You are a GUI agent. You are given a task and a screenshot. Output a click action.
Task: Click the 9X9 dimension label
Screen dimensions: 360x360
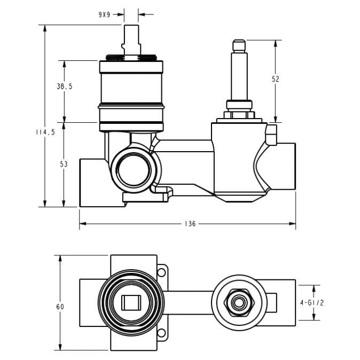click(x=104, y=14)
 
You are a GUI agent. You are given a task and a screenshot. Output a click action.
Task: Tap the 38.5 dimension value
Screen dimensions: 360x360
click(x=64, y=86)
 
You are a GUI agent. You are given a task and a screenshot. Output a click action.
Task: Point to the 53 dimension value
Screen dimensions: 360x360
click(x=64, y=165)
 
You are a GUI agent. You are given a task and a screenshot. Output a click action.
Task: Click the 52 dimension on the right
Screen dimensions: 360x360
click(x=276, y=79)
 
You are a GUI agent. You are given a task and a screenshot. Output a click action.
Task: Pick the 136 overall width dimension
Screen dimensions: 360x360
click(x=190, y=224)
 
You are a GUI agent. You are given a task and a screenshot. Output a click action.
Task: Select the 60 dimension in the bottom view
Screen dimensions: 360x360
click(x=60, y=307)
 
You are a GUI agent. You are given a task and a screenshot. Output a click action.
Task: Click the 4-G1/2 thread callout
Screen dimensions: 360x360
click(x=312, y=302)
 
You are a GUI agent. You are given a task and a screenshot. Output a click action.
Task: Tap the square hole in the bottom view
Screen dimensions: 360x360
click(x=130, y=303)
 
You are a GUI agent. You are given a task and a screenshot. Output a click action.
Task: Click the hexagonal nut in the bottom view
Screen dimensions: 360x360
click(x=239, y=303)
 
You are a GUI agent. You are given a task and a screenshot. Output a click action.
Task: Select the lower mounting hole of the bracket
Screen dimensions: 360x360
click(x=161, y=333)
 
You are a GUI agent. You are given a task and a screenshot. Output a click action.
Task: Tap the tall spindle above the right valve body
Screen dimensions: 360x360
click(x=239, y=69)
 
